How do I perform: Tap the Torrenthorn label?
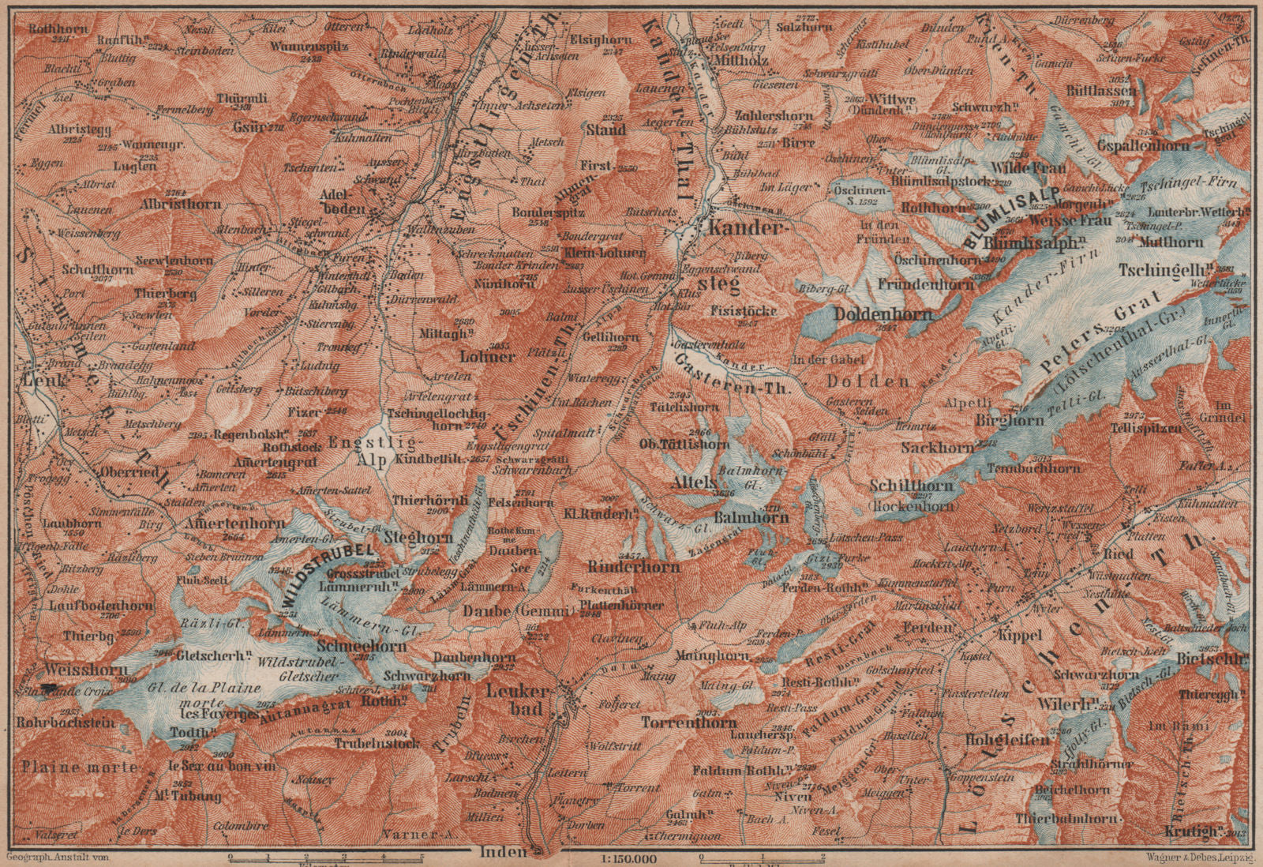[688, 722]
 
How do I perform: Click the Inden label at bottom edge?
[503, 851]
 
